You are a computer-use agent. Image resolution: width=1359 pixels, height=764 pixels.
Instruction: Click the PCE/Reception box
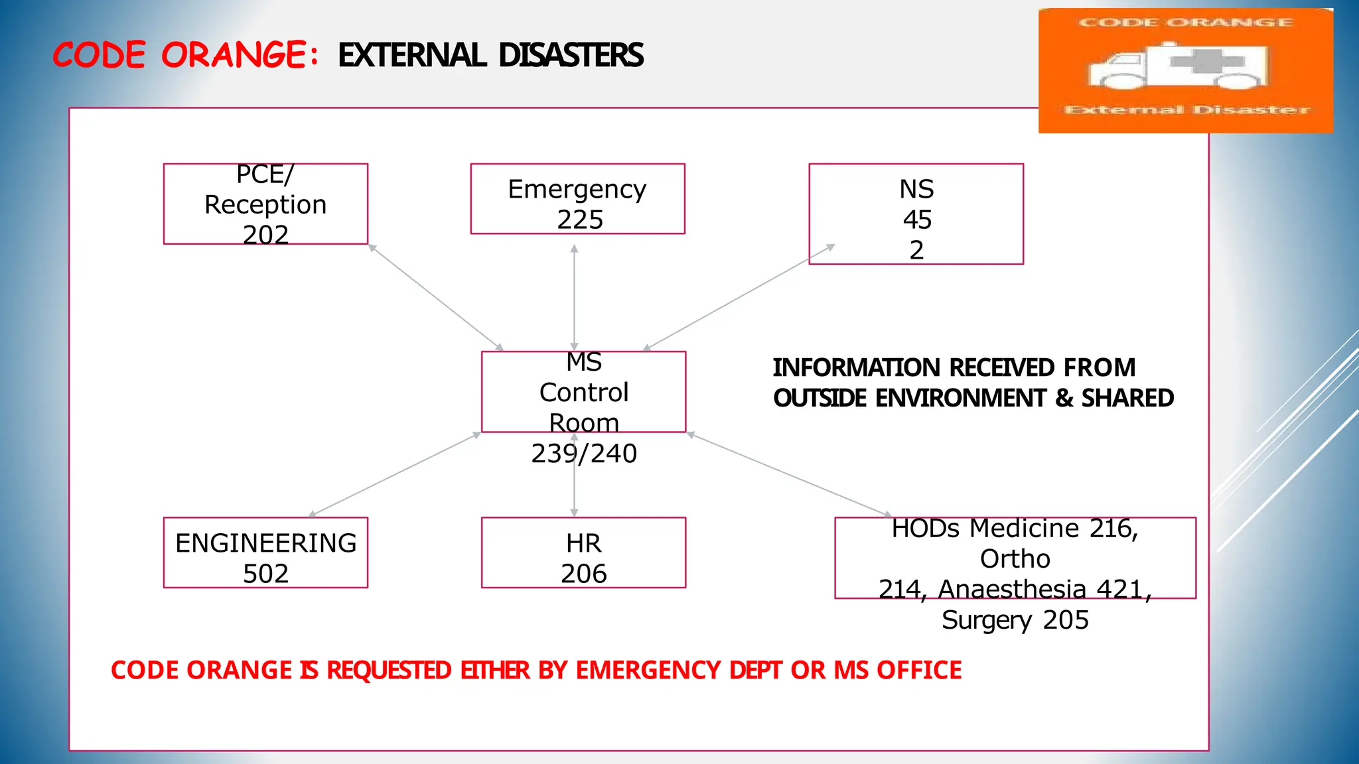[265, 204]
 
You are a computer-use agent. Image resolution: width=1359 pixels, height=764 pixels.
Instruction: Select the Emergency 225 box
[577, 199]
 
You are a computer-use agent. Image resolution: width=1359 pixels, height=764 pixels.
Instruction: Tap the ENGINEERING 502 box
[265, 552]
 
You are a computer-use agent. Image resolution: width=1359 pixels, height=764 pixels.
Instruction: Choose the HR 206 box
[583, 552]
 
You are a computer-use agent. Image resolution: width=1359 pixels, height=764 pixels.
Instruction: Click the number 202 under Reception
[265, 235]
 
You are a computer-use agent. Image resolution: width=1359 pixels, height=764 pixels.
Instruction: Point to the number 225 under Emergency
[580, 220]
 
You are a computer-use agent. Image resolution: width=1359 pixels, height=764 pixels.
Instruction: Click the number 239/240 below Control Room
[584, 454]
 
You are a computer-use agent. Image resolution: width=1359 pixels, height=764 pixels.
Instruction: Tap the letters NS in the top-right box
[916, 190]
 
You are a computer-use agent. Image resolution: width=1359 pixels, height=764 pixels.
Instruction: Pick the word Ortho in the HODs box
[1015, 559]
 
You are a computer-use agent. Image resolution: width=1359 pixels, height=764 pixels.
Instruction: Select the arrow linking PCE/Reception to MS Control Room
[436, 297]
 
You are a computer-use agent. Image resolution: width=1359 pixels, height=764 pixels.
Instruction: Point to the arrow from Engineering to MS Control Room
[395, 474]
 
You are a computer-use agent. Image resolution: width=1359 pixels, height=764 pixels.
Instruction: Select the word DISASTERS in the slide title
[571, 55]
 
